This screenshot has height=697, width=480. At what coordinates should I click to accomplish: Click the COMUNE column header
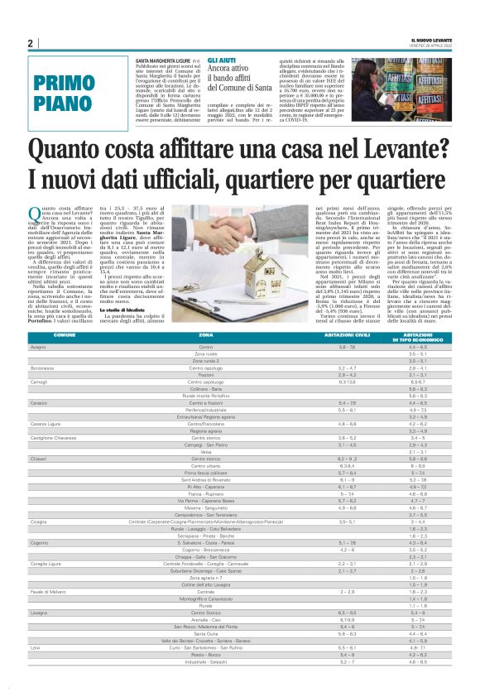pyautogui.click(x=65, y=334)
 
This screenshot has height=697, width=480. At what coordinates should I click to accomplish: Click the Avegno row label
pyautogui.click(x=38, y=347)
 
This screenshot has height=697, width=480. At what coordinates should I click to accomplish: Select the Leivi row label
pyautogui.click(x=35, y=670)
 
